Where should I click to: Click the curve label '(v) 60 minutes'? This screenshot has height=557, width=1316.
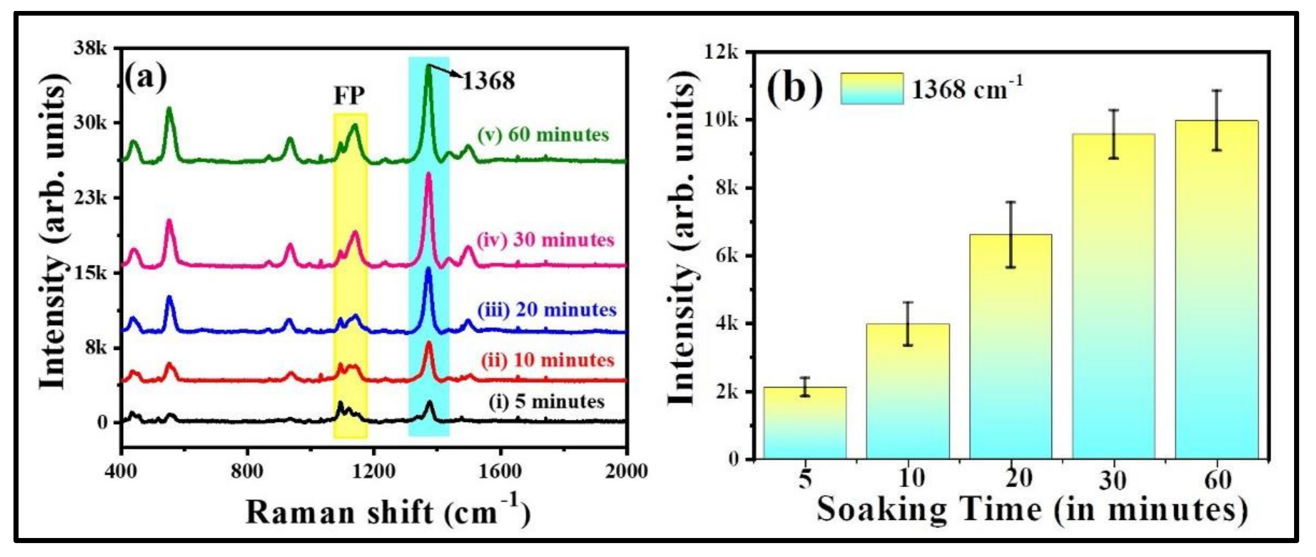tap(543, 135)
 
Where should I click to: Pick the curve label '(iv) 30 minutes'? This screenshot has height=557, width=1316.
tap(545, 240)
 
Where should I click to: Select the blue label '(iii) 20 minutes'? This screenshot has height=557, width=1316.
tap(547, 310)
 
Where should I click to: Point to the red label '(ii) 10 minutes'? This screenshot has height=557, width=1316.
tap(547, 360)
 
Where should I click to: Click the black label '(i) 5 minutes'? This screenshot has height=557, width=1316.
tap(547, 402)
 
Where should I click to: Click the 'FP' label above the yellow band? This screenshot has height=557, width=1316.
tap(349, 95)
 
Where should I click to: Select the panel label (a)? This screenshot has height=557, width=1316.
tap(146, 77)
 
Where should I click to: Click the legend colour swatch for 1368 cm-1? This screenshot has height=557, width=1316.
tap(871, 89)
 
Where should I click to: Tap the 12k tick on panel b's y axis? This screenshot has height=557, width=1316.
tap(721, 52)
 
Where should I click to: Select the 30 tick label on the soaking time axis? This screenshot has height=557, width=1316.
tap(1113, 480)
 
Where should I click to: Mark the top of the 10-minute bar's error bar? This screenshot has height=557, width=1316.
tap(908, 303)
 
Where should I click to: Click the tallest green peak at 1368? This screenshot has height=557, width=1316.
tap(428, 66)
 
